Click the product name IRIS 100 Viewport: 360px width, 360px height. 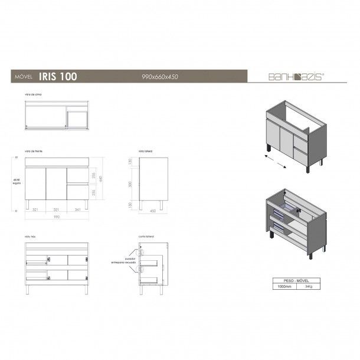[x=57, y=76]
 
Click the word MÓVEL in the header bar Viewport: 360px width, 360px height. [x=21, y=76]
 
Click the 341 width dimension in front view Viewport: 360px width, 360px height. [x=78, y=209]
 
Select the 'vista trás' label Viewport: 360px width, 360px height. [x=31, y=236]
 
